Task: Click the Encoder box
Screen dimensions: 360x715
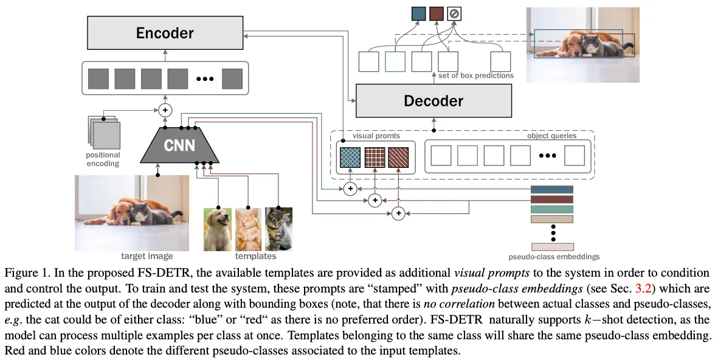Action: [165, 33]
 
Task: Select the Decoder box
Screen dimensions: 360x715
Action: [433, 100]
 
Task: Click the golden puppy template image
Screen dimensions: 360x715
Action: [217, 229]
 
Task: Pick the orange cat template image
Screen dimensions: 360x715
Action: [248, 229]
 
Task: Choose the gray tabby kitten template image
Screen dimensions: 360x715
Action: [278, 229]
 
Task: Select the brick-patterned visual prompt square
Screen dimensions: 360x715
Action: [375, 157]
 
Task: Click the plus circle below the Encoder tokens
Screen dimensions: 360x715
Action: [165, 110]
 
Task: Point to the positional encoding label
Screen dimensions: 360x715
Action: [103, 159]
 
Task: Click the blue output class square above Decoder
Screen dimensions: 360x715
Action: [418, 14]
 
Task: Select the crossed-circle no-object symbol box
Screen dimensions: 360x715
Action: [454, 14]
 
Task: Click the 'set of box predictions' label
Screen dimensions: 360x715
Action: [475, 75]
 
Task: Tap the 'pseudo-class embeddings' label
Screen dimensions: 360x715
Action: [554, 257]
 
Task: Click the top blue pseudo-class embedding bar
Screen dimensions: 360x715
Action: [552, 189]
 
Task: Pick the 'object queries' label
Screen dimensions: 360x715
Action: [551, 136]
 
